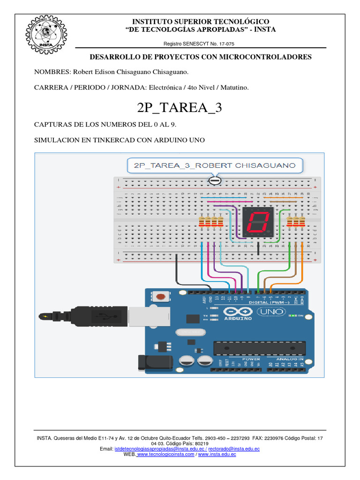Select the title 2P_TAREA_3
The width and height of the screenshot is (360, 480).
tap(180, 107)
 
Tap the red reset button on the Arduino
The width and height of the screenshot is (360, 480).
tap(161, 297)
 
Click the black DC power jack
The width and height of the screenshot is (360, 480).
tap(149, 361)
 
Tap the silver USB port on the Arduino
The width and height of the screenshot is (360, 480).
tap(138, 315)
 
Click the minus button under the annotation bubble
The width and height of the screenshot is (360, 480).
tap(215, 180)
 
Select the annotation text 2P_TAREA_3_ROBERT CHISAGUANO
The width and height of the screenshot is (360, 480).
tap(215, 165)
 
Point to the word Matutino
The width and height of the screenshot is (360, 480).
tap(232, 88)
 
